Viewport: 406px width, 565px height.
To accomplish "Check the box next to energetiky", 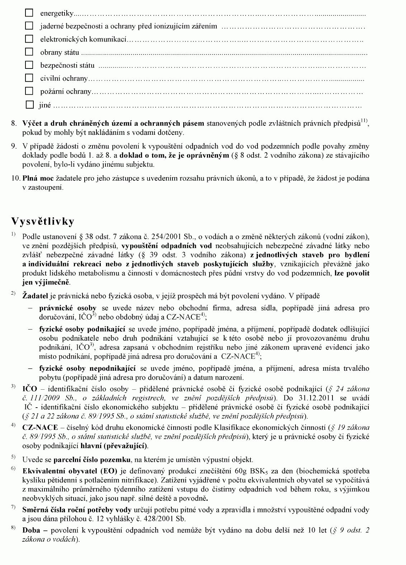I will coord(29,13).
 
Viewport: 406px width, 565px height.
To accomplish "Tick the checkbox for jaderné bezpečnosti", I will coord(29,26).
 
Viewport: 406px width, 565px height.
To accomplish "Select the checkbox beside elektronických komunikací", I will coord(29,39).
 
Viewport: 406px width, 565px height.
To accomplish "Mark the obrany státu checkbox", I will coord(29,52).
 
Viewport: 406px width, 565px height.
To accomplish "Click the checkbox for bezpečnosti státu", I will coord(29,65).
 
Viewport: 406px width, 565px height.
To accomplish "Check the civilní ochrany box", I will coord(29,78).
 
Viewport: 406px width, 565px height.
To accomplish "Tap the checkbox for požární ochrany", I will coord(29,91).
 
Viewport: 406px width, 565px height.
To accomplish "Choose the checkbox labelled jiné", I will coord(30,105).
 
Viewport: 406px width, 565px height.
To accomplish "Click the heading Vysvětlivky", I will coord(43,221).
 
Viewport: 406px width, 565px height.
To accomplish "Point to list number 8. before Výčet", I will coord(14,124).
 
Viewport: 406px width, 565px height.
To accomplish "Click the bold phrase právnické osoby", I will coord(67,308).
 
